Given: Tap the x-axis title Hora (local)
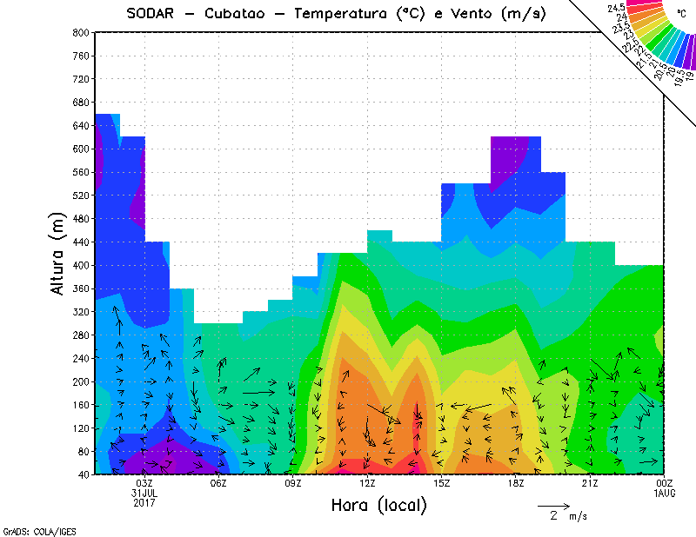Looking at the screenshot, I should click(x=378, y=505).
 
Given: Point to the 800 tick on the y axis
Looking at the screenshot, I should click(x=80, y=32).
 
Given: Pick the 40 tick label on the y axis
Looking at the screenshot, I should click(x=83, y=474).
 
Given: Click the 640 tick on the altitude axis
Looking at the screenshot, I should click(x=80, y=125).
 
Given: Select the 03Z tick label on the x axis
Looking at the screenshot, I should click(x=144, y=483).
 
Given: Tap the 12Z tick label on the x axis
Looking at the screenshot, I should click(x=367, y=483).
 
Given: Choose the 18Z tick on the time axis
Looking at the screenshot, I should click(x=515, y=483).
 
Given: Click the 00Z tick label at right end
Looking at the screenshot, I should click(x=664, y=483).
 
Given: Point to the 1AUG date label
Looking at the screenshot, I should click(x=664, y=493).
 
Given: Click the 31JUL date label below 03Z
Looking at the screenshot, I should click(x=144, y=493).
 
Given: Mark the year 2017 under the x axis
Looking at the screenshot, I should click(x=144, y=502).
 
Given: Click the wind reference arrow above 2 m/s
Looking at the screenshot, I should click(x=553, y=505).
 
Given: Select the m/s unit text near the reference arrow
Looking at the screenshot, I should click(x=578, y=516).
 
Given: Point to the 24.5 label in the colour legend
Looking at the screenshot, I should click(x=619, y=8).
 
